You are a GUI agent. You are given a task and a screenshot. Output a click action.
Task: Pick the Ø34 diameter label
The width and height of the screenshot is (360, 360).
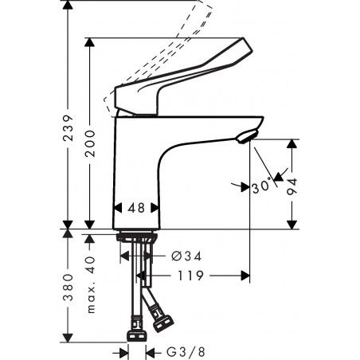pyautogui.click(x=186, y=256)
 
